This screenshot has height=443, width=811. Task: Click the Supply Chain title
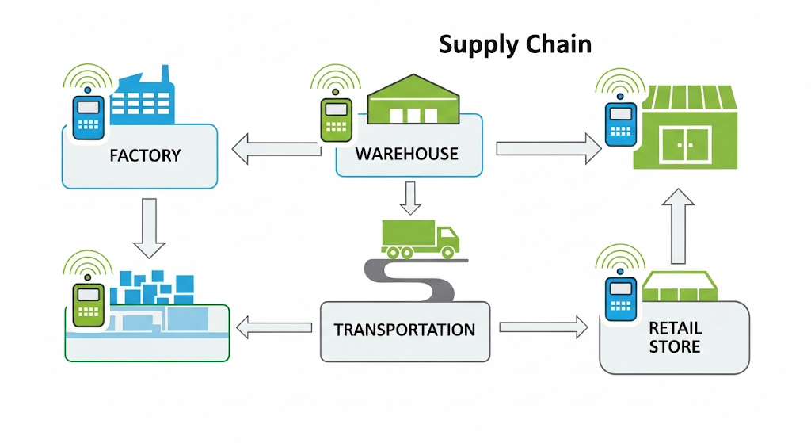point(515,44)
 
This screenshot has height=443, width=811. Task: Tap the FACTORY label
point(145,155)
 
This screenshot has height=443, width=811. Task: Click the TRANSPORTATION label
point(405,329)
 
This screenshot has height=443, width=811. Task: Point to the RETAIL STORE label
point(674,337)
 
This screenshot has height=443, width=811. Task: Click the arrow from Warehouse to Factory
point(276,148)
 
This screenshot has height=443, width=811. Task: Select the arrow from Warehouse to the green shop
point(547,148)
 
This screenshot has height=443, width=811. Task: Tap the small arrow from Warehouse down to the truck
point(409,197)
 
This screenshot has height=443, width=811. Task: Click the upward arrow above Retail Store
point(678,225)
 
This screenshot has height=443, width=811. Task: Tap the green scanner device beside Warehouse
point(336,120)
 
